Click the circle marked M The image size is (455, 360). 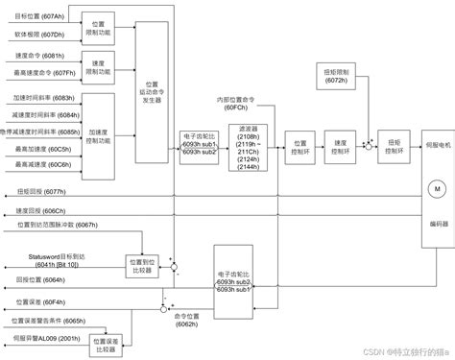(435, 190)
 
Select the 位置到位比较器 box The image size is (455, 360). (141, 263)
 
